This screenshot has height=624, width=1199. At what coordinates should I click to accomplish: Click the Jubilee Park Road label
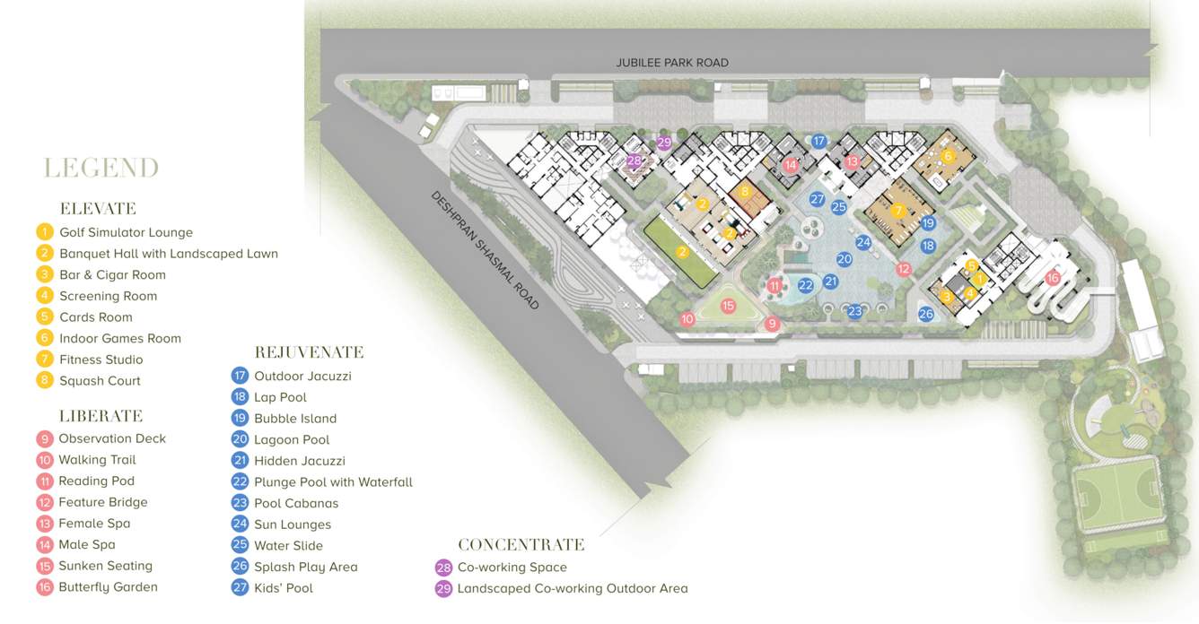point(672,63)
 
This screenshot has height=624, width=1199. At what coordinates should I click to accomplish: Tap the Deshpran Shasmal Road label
point(485,250)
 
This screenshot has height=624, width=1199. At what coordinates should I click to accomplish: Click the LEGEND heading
point(101,169)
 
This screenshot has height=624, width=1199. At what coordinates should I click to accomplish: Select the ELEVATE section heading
point(98,209)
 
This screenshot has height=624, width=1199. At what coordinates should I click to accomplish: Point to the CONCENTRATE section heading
point(521,545)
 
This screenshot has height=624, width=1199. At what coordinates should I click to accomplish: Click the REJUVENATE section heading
point(309,352)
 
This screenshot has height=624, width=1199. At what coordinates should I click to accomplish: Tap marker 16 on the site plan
point(1052,278)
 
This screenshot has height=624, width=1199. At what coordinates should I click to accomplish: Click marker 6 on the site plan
point(948,156)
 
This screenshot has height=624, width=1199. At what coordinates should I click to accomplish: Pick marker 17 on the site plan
point(818,141)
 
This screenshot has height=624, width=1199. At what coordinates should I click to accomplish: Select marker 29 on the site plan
point(664,143)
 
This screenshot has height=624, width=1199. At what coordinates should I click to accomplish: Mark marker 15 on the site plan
point(728,306)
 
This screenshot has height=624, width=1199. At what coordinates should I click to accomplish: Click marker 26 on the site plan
point(926,314)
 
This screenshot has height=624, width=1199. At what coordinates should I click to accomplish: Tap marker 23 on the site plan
point(855,311)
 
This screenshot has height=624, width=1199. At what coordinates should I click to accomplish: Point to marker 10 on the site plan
point(687,318)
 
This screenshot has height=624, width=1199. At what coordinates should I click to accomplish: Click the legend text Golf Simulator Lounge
point(126,232)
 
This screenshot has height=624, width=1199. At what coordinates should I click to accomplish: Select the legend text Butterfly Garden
point(108,587)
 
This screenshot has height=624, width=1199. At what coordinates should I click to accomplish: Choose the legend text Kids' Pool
point(284,588)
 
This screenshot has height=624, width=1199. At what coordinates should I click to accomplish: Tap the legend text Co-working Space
point(512,568)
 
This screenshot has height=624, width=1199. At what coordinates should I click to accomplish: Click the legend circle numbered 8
point(45,381)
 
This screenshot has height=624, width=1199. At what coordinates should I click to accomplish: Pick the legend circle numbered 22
point(240,482)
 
